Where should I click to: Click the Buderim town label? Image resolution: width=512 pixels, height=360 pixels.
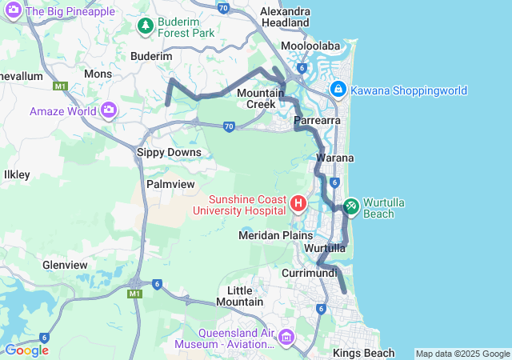coord(151,57)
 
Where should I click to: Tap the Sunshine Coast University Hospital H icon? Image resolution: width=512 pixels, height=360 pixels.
coord(298,203)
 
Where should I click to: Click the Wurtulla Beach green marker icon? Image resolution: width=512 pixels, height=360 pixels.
coord(351,206)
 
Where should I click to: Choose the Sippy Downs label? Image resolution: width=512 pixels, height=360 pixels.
coord(168,152)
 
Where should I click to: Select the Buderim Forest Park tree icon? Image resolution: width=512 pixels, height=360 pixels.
coord(145,26)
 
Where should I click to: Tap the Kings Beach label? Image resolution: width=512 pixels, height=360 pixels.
coord(363,353)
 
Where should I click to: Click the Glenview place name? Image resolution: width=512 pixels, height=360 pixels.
coord(65,265)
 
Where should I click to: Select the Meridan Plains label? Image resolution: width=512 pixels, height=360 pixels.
coord(272,235)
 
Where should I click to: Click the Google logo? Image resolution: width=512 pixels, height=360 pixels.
coord(26,350)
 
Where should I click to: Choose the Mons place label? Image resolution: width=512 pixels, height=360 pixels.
coord(98,73)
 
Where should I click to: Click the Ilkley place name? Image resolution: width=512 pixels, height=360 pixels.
coord(17,174)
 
